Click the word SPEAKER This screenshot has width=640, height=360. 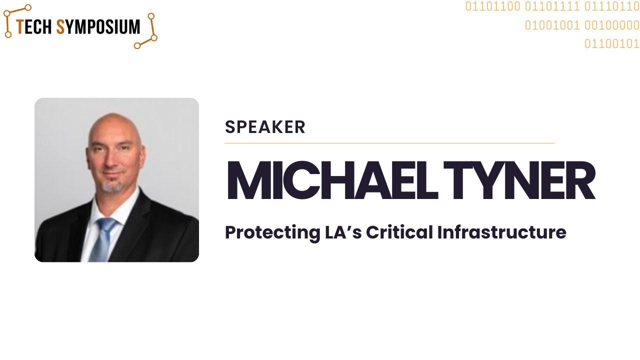tap(265, 127)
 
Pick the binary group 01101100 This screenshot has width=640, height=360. tap(492, 7)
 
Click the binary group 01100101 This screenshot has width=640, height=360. tap(612, 44)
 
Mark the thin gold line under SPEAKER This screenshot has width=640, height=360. tap(389, 143)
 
